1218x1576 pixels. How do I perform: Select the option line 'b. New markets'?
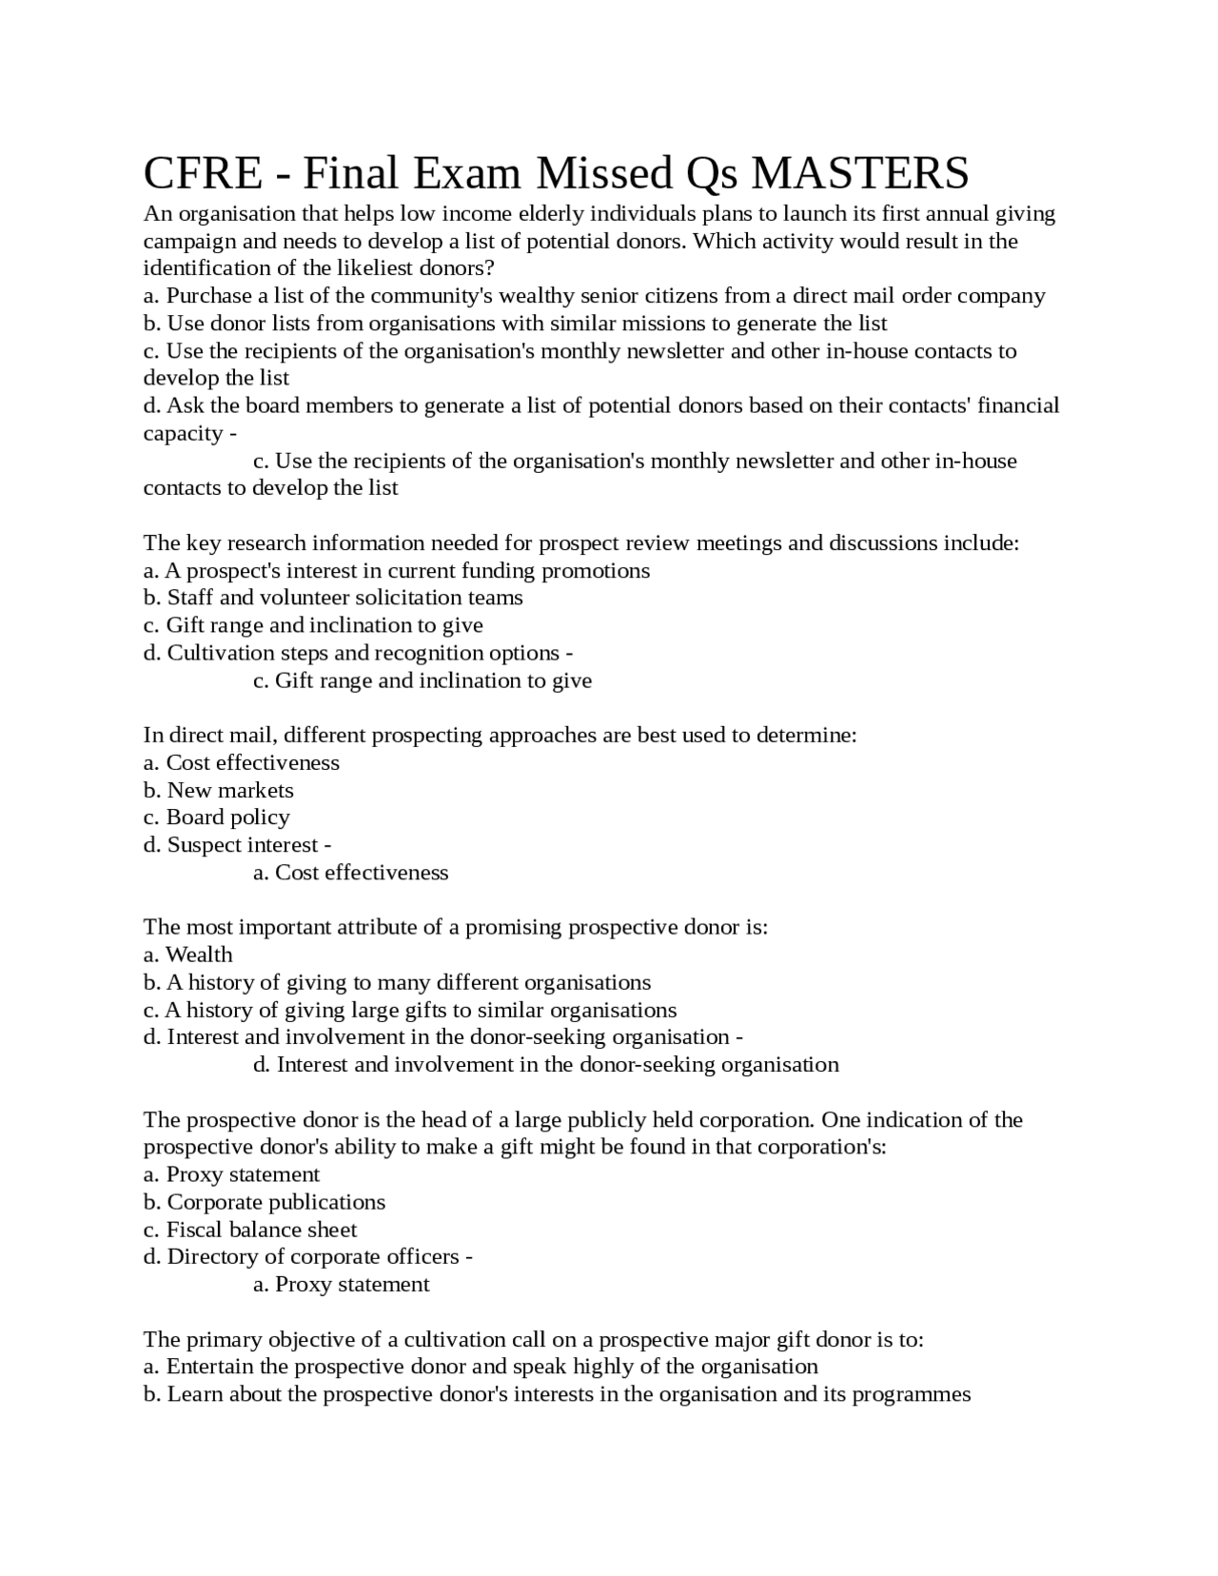coord(219,790)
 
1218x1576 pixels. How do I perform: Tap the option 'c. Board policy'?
coord(217,818)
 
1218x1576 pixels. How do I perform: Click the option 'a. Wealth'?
coord(188,955)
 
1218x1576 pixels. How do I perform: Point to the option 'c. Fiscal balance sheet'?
coord(250,1230)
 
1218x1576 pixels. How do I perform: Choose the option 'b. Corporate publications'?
coord(265,1202)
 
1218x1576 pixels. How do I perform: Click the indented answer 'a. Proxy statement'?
coord(342,1285)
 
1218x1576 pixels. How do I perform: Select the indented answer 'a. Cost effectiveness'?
coord(350,873)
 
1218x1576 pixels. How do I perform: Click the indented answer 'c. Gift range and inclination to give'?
coord(422,680)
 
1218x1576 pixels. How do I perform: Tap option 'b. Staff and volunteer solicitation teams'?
coord(333,598)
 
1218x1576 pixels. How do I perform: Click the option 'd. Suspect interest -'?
coord(237,845)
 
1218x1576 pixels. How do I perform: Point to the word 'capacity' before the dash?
coord(183,434)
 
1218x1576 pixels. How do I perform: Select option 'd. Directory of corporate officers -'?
coord(308,1257)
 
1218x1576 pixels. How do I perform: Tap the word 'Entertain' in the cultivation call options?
coord(210,1367)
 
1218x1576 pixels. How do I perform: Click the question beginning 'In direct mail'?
coord(500,736)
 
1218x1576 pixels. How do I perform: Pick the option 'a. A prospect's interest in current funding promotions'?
coord(397,571)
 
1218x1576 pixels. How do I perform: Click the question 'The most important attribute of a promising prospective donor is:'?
coord(455,927)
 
